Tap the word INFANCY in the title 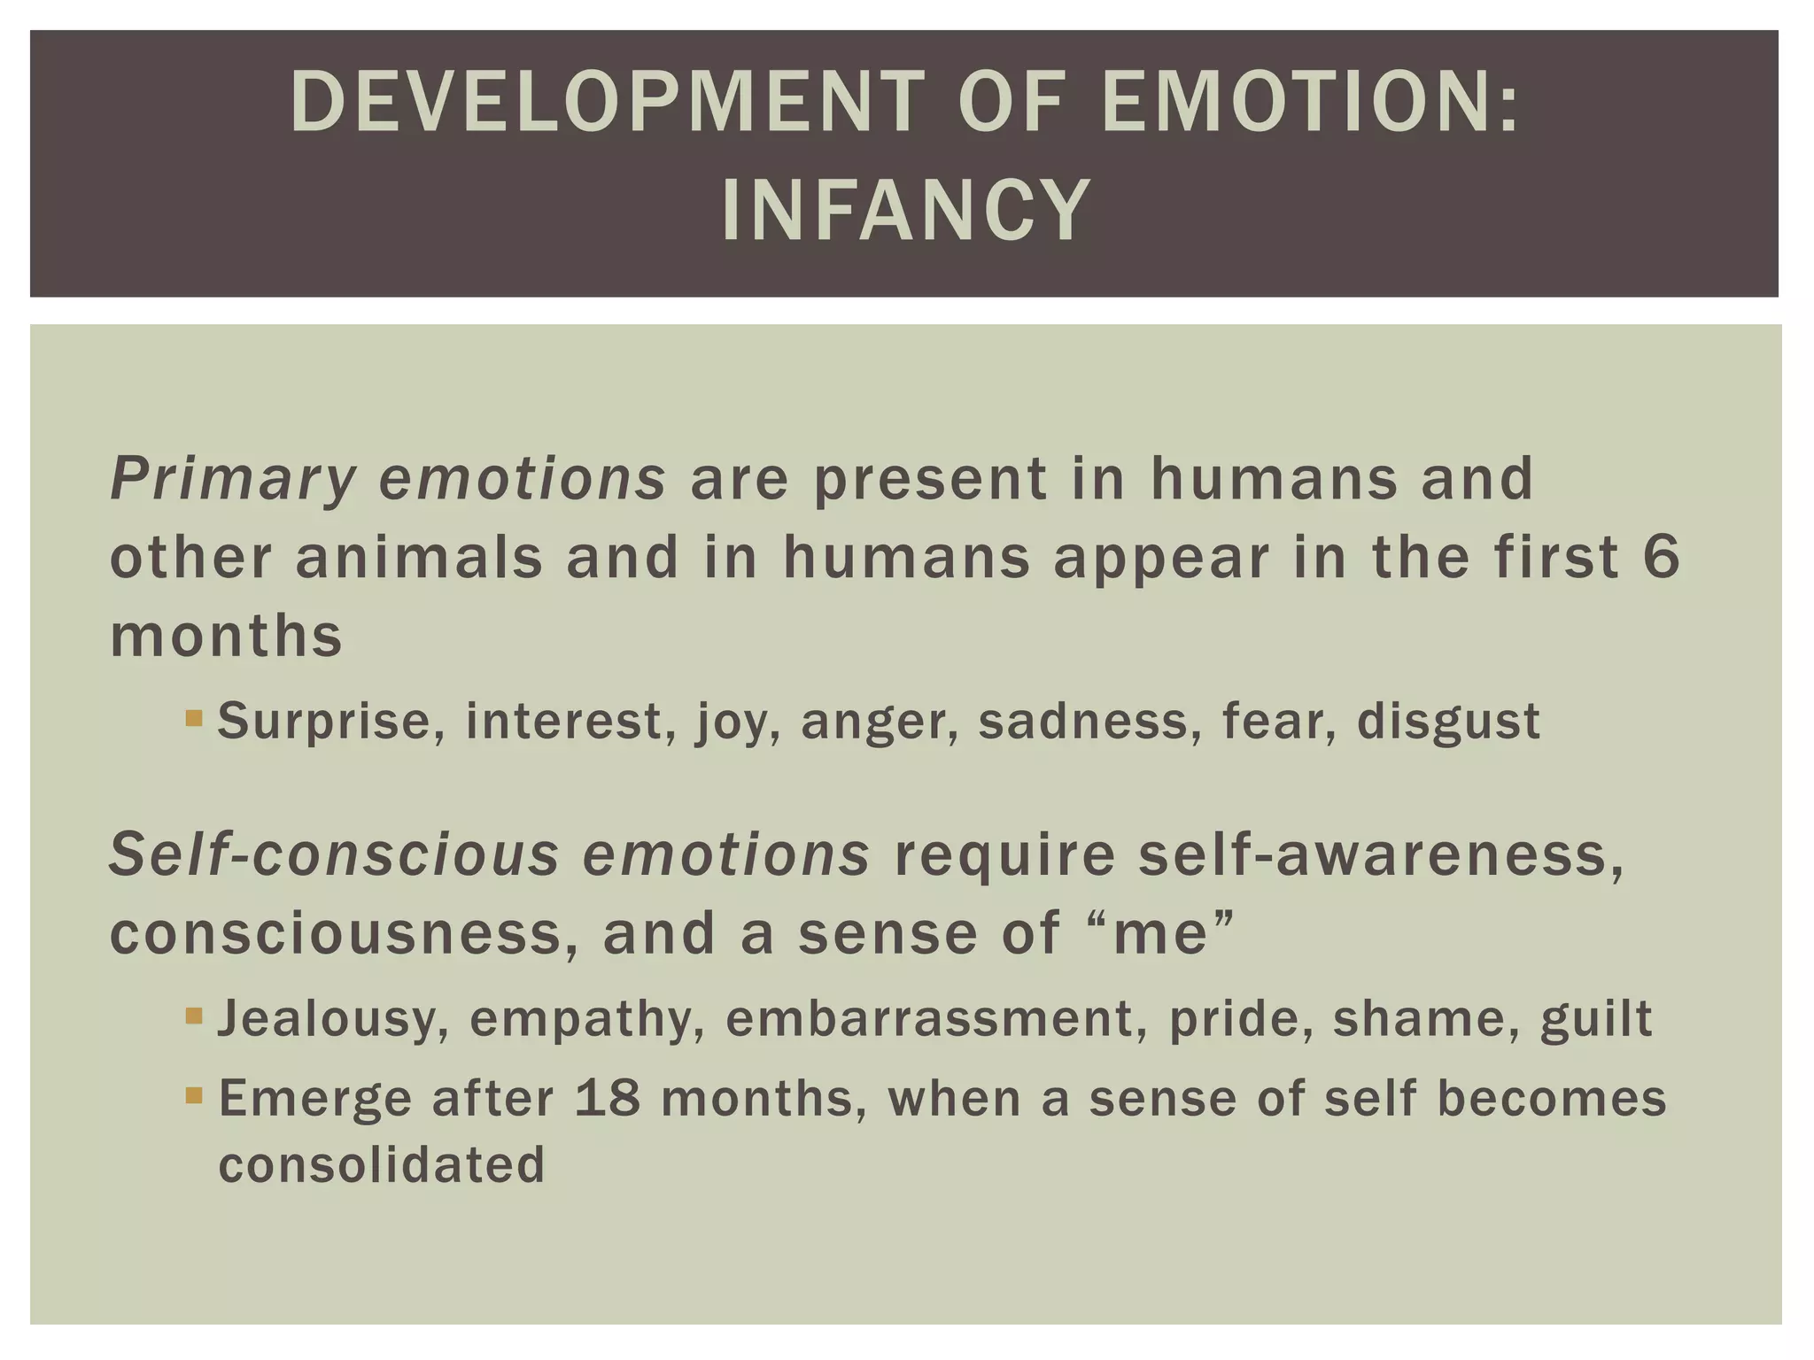(905, 211)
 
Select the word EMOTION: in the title (1311, 104)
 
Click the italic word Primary (232, 480)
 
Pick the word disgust (1448, 722)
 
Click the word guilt (1596, 1018)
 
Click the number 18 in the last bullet (607, 1099)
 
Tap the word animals (419, 558)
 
